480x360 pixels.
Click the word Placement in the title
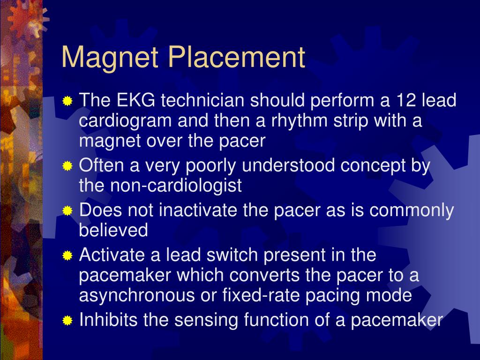coord(237,58)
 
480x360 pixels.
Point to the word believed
coord(113,230)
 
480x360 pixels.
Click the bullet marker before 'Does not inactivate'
coord(68,211)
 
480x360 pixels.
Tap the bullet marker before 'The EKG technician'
coord(68,101)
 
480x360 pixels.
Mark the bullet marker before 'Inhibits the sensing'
coord(68,321)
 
